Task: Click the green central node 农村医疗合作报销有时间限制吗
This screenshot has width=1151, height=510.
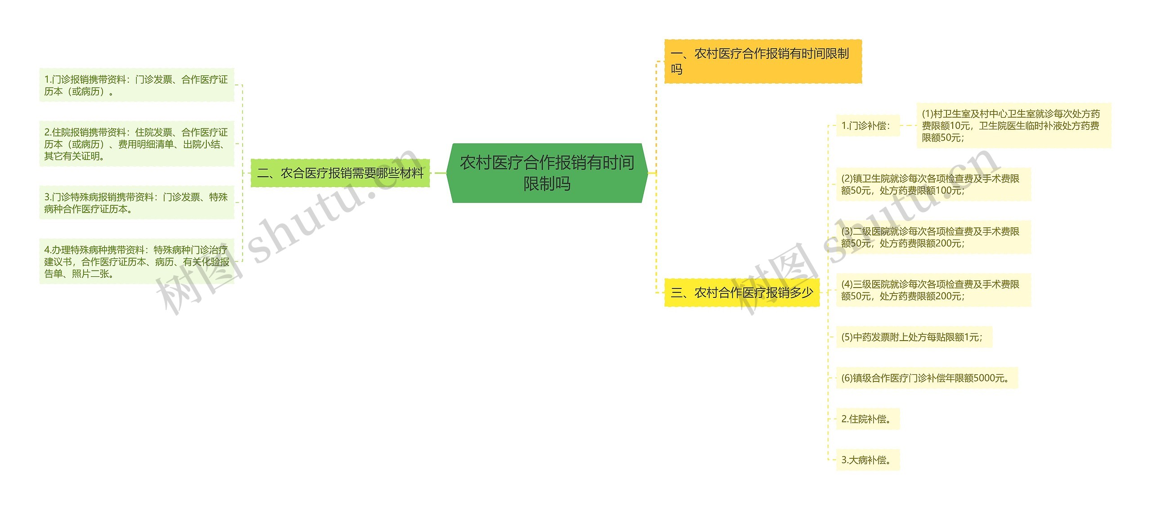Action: (547, 173)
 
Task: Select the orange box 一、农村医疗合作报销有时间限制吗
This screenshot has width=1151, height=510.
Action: (763, 61)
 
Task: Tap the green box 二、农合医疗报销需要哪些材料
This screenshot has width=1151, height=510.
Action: (340, 173)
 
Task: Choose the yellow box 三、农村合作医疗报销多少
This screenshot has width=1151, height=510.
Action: (741, 293)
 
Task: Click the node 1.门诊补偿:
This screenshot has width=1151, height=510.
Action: (867, 126)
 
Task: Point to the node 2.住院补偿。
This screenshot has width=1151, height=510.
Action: (867, 419)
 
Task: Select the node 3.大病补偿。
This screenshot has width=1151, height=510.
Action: (867, 460)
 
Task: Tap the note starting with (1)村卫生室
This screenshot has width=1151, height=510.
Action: (1013, 126)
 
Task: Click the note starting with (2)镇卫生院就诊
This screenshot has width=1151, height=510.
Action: (933, 184)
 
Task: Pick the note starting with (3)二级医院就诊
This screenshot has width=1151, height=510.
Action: (933, 237)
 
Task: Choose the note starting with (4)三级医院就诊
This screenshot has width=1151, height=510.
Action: (933, 290)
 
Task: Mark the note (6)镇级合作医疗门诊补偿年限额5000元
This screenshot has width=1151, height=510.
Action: (926, 378)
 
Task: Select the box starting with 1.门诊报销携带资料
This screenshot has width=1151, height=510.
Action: (137, 85)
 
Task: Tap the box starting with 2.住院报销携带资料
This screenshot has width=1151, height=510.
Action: (137, 144)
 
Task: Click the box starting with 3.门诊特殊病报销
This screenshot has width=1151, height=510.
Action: (137, 203)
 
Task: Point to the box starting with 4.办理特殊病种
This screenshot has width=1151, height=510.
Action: (137, 262)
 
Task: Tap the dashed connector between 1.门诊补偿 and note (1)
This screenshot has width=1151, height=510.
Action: (908, 126)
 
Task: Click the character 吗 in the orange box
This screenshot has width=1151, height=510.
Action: (677, 69)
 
